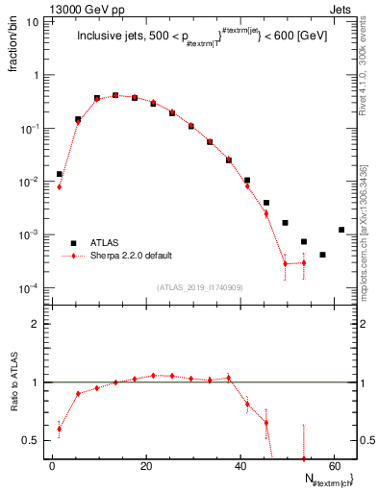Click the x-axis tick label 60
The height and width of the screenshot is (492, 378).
(333, 467)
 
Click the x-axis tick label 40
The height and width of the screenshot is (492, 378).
(239, 467)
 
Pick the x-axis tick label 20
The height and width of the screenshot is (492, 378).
(146, 467)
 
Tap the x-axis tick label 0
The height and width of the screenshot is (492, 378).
(53, 467)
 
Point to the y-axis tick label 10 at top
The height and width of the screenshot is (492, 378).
(33, 21)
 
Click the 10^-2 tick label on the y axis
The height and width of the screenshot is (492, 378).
(30, 182)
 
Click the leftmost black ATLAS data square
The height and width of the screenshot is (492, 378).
(60, 174)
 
